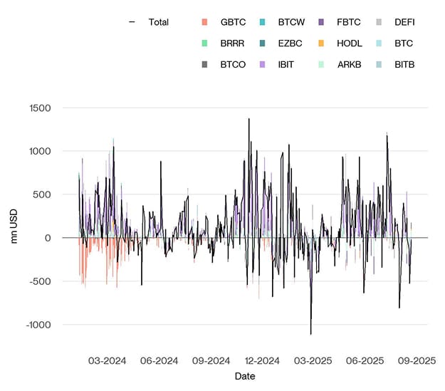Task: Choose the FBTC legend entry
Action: [x=349, y=22]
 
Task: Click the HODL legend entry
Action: [x=349, y=43]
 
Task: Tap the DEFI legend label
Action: [x=404, y=22]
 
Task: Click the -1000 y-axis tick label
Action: [x=37, y=325]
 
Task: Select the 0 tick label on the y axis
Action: [x=48, y=238]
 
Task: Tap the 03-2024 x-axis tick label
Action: [x=107, y=360]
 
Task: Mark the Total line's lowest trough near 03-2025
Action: [x=310, y=334]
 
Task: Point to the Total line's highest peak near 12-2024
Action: [x=248, y=119]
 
